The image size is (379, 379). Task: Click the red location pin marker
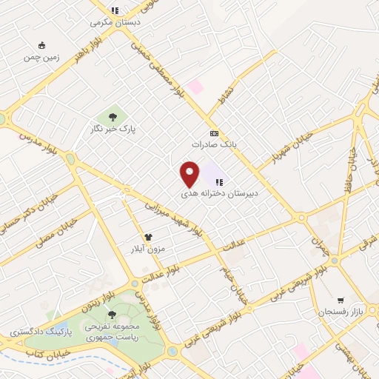(190, 173)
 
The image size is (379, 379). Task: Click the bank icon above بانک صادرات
(215, 133)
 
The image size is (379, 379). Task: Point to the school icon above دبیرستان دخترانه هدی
(219, 181)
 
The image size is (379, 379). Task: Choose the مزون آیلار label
(147, 249)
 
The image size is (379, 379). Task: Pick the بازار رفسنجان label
(338, 312)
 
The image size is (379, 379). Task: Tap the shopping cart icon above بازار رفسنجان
(340, 300)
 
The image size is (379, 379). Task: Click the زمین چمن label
(41, 56)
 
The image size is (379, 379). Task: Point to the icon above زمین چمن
(41, 44)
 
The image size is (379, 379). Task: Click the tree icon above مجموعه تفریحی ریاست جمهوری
(112, 315)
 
